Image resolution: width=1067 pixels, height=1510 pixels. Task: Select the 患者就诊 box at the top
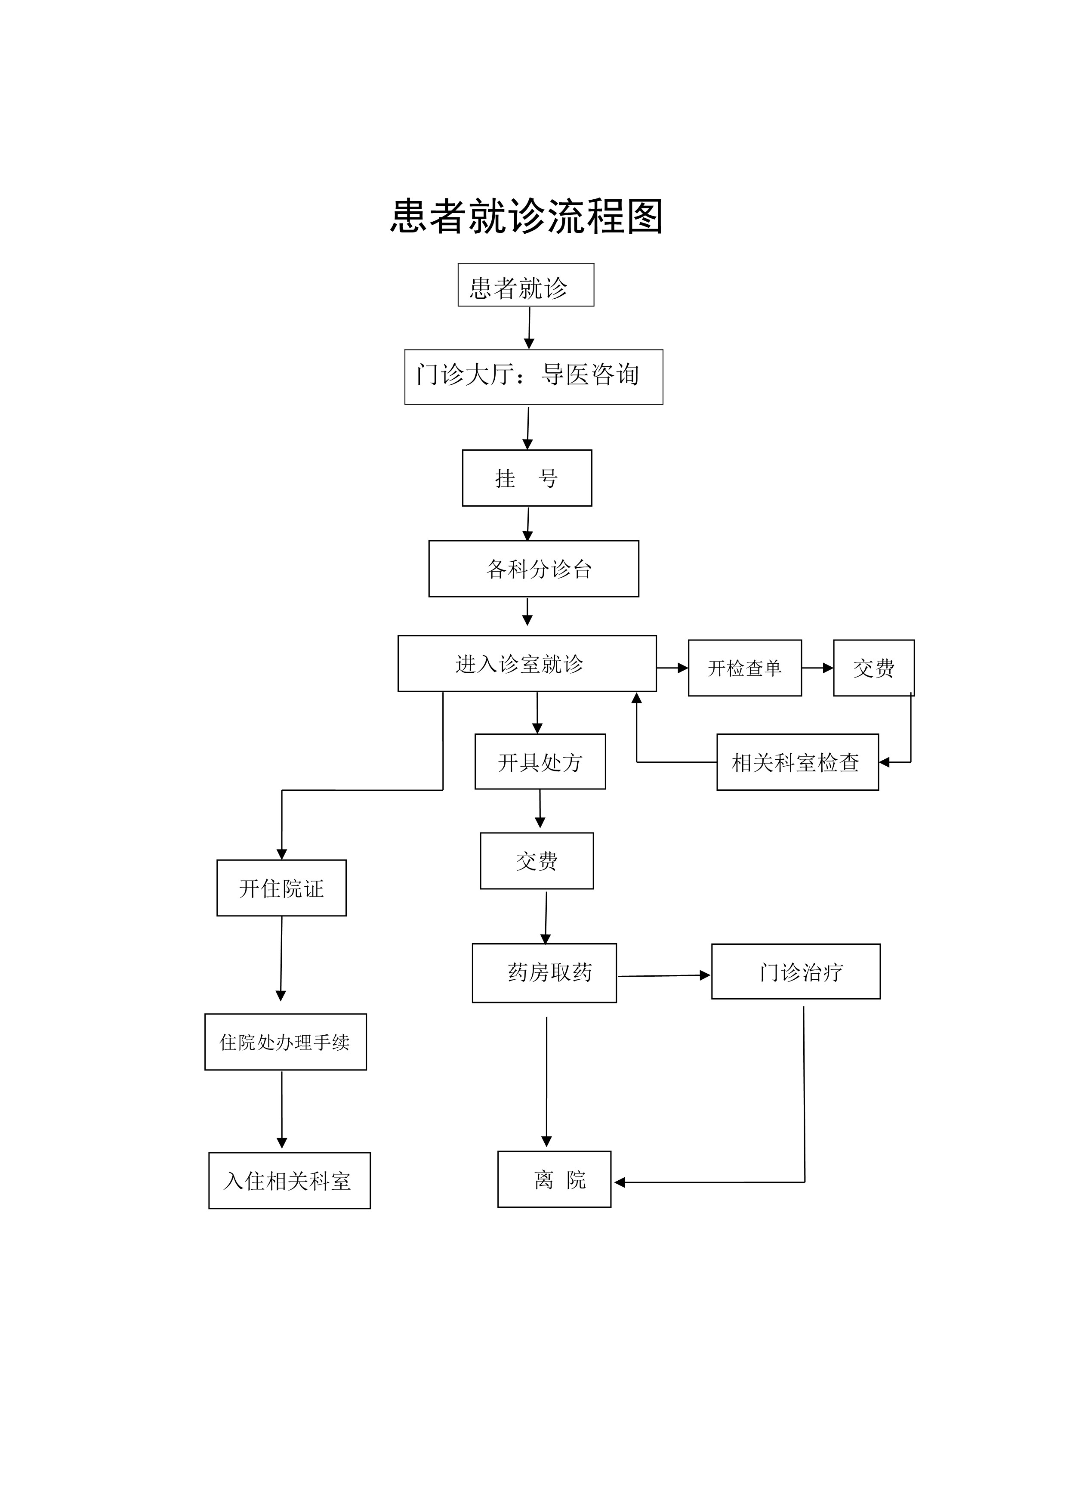(x=525, y=285)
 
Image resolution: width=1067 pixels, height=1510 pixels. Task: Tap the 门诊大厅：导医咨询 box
(x=533, y=377)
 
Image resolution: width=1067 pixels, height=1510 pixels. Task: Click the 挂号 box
(x=527, y=478)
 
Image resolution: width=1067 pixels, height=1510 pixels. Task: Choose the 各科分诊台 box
(x=533, y=569)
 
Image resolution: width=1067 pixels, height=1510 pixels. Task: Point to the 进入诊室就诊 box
(x=527, y=664)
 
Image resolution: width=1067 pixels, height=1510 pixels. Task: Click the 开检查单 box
(x=744, y=668)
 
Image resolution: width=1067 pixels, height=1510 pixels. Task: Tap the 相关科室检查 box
(x=797, y=762)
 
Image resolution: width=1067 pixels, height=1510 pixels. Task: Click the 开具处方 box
(x=540, y=761)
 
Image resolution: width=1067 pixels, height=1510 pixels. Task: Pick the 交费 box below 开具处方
(x=537, y=861)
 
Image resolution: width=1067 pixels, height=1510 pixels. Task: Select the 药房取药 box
(x=544, y=973)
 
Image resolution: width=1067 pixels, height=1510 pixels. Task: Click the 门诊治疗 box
(x=796, y=972)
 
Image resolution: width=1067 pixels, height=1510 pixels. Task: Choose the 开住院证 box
(x=281, y=888)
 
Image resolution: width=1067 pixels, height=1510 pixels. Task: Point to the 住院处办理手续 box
(x=285, y=1042)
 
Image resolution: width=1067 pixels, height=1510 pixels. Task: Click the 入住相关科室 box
(x=289, y=1181)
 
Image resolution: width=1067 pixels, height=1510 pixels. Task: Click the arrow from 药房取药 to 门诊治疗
(x=663, y=976)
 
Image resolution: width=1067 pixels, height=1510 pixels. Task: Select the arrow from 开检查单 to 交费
(x=817, y=668)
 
